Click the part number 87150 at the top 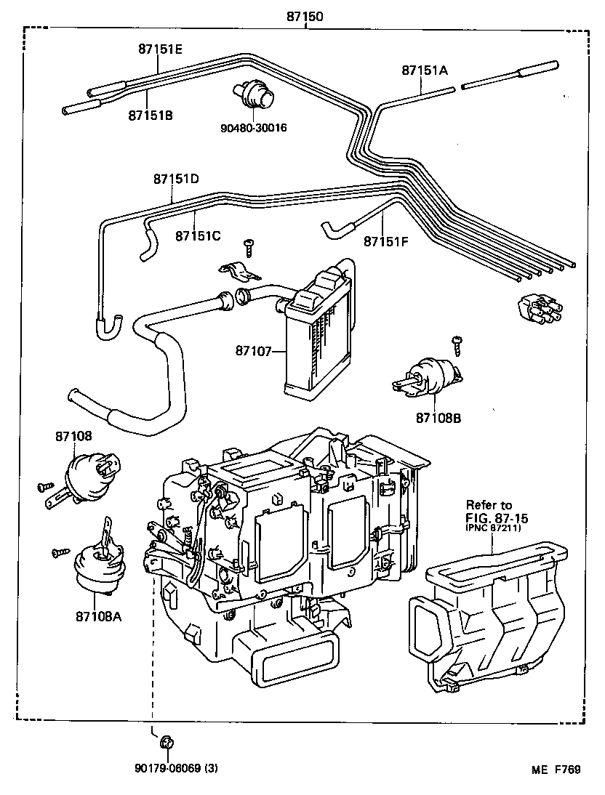click(305, 15)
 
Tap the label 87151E click(160, 49)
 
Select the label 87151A click(424, 70)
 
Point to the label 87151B click(151, 115)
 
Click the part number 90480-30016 click(254, 128)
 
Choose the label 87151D click(175, 179)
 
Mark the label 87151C click(197, 235)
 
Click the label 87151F click(386, 241)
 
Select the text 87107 click(252, 351)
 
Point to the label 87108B click(439, 419)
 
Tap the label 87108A click(97, 616)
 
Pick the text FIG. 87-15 click(497, 518)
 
